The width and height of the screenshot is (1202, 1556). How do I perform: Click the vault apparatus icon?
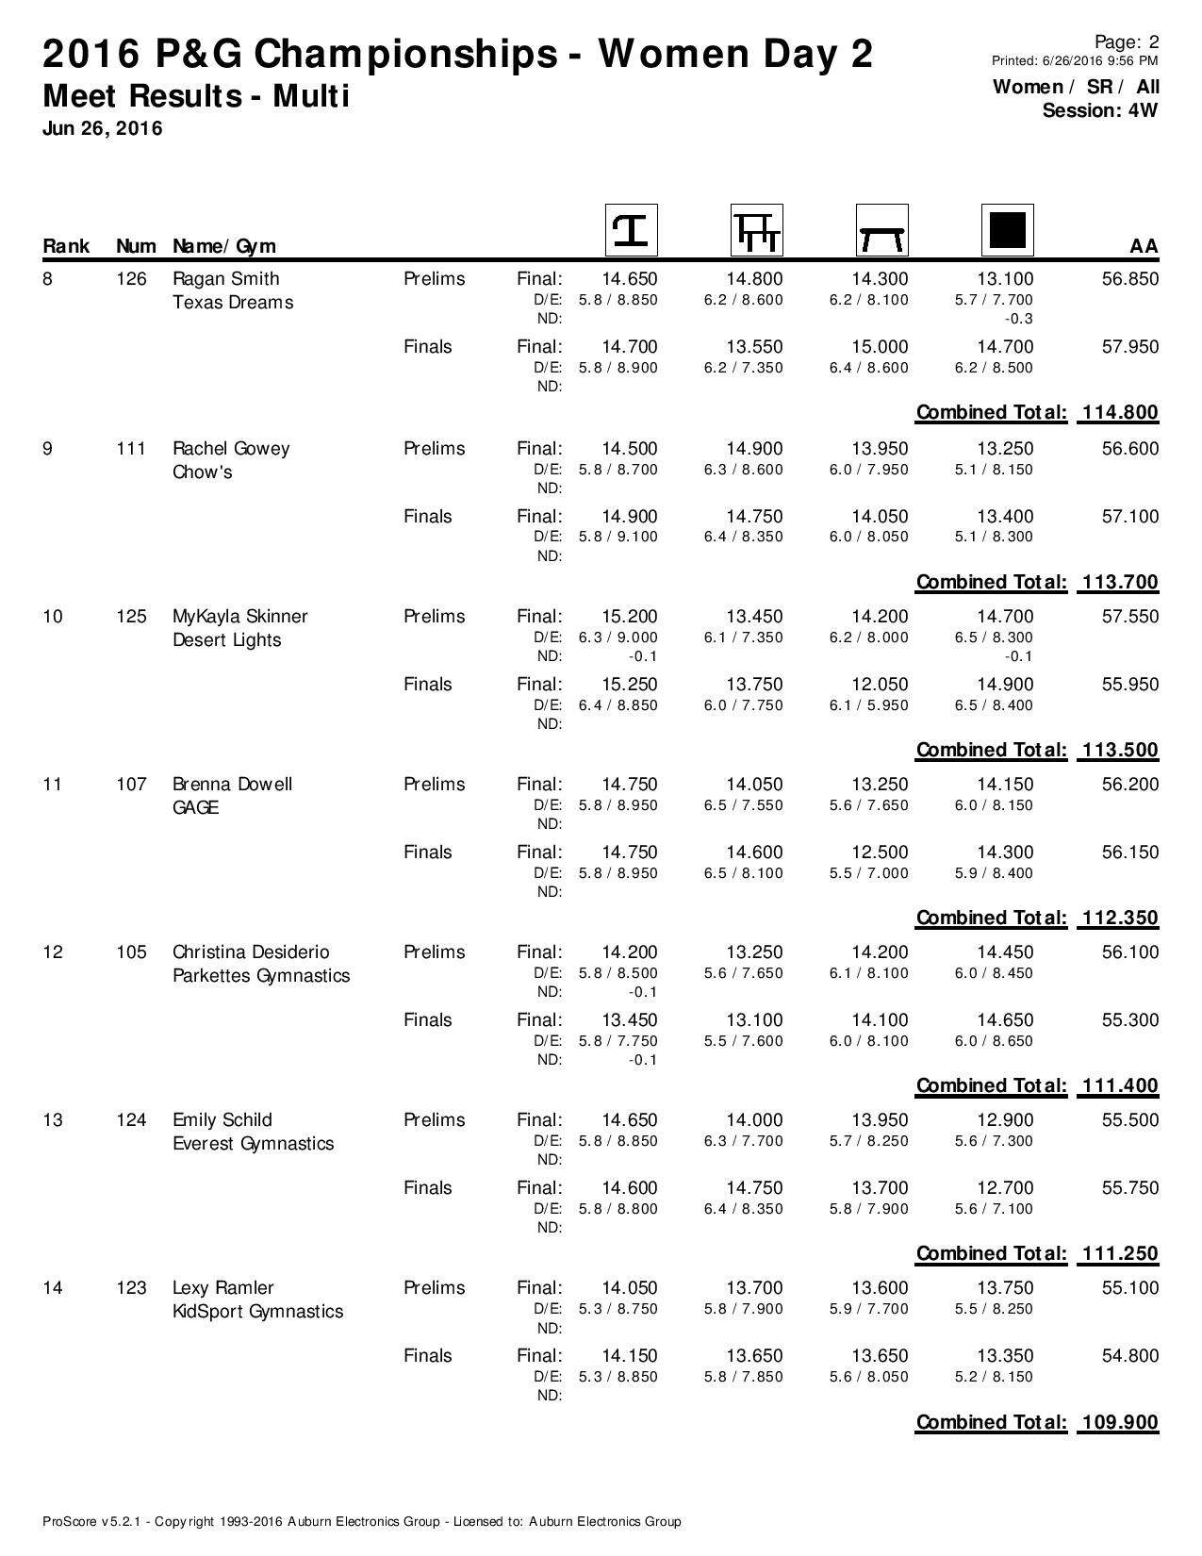point(631,230)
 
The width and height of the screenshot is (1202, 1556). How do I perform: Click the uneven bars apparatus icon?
point(756,230)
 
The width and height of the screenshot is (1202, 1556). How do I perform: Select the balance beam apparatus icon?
point(881,230)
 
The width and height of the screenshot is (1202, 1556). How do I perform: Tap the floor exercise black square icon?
point(1008,230)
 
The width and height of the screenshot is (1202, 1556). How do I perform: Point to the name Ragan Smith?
point(226,279)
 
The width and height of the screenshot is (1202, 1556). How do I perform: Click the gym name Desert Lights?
point(226,640)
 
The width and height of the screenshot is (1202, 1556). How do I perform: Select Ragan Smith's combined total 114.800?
point(1119,412)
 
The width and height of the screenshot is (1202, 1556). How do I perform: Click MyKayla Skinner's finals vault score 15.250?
point(629,685)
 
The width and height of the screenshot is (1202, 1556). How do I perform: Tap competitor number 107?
point(131,785)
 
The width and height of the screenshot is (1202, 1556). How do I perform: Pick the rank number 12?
point(53,952)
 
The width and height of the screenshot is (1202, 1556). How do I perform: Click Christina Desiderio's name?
point(251,952)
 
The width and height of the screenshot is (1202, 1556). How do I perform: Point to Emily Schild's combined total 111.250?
point(1119,1253)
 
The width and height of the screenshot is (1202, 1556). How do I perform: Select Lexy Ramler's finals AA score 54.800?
point(1130,1356)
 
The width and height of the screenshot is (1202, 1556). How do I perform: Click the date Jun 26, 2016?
point(103,128)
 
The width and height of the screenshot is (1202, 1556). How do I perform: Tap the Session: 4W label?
point(1100,110)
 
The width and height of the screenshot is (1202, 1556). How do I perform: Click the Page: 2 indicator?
point(1127,41)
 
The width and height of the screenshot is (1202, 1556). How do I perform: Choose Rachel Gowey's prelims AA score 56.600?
point(1130,449)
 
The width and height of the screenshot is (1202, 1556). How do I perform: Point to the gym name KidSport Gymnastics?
point(257,1312)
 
